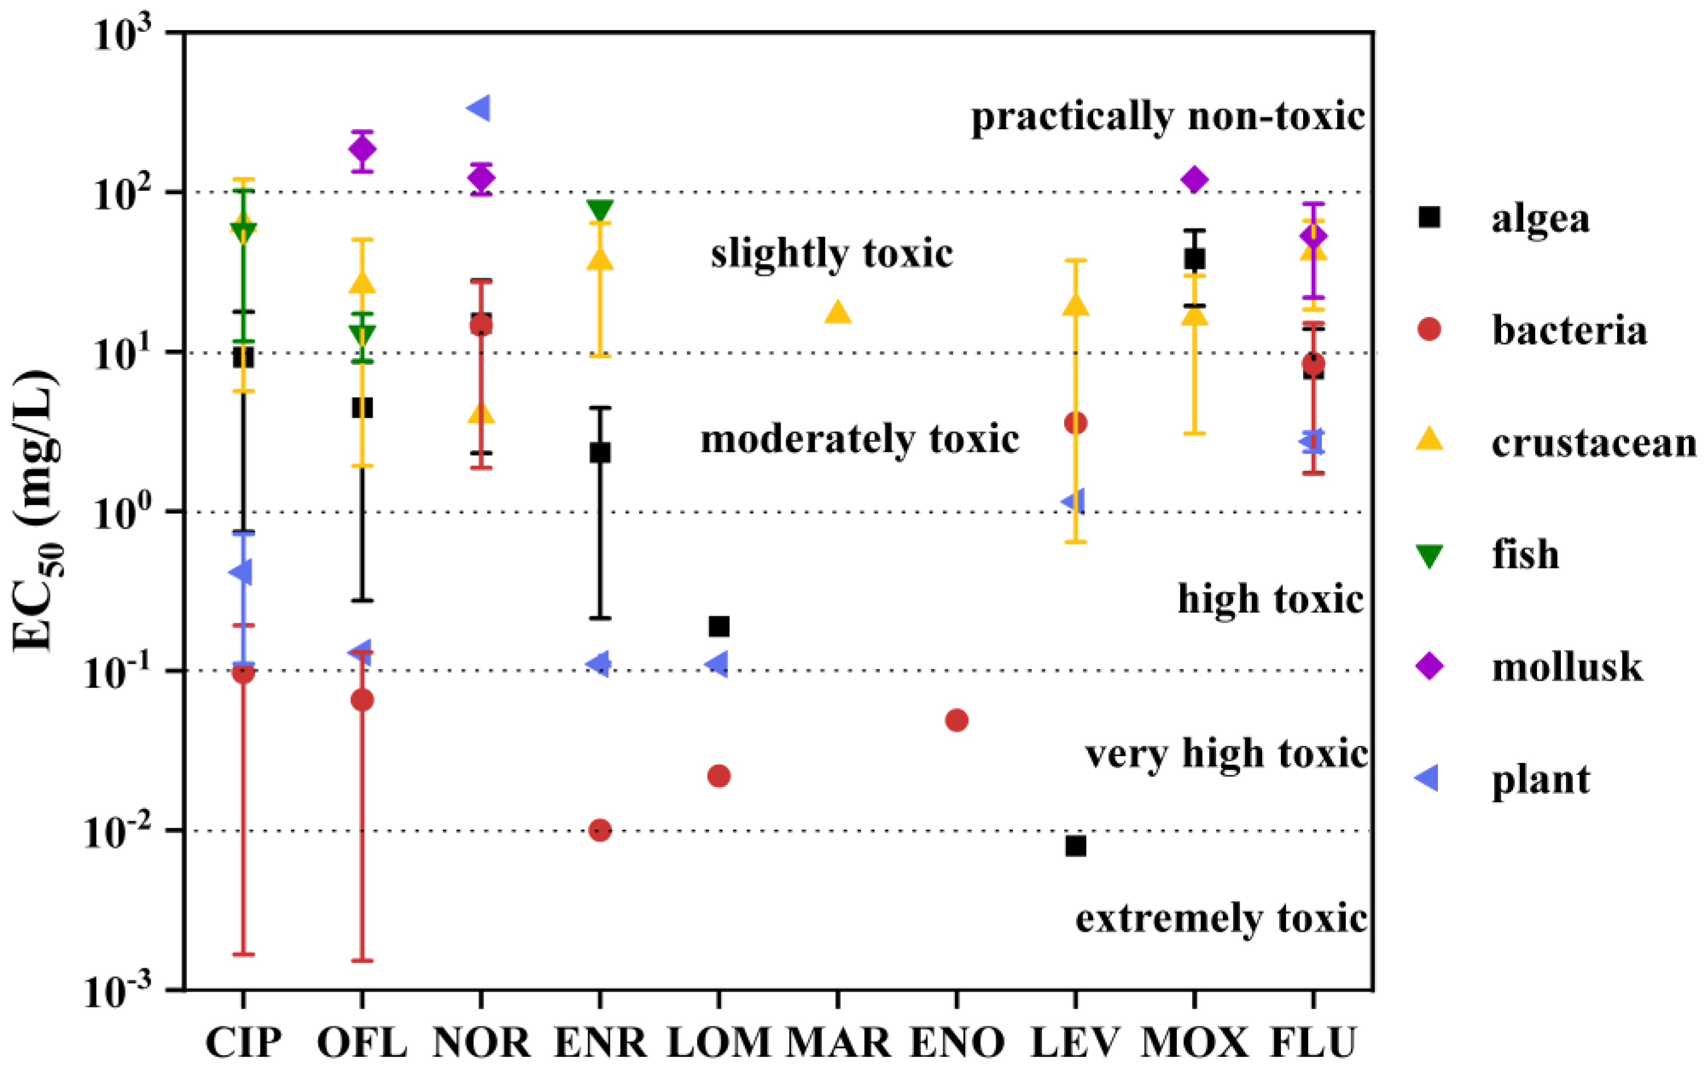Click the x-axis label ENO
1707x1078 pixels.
click(957, 1043)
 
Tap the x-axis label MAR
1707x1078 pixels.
click(838, 1043)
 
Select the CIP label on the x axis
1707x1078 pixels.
click(243, 1043)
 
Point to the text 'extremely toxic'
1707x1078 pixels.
click(1221, 919)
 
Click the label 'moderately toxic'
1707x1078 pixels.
click(859, 439)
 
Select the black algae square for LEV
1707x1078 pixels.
click(1076, 845)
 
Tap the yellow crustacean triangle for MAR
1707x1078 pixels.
click(838, 312)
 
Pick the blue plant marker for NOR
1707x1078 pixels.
click(478, 109)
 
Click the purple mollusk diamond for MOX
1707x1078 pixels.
click(1195, 179)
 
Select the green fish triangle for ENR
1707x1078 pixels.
click(600, 210)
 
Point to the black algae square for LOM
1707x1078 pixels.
click(719, 627)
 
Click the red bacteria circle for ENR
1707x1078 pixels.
click(600, 830)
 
